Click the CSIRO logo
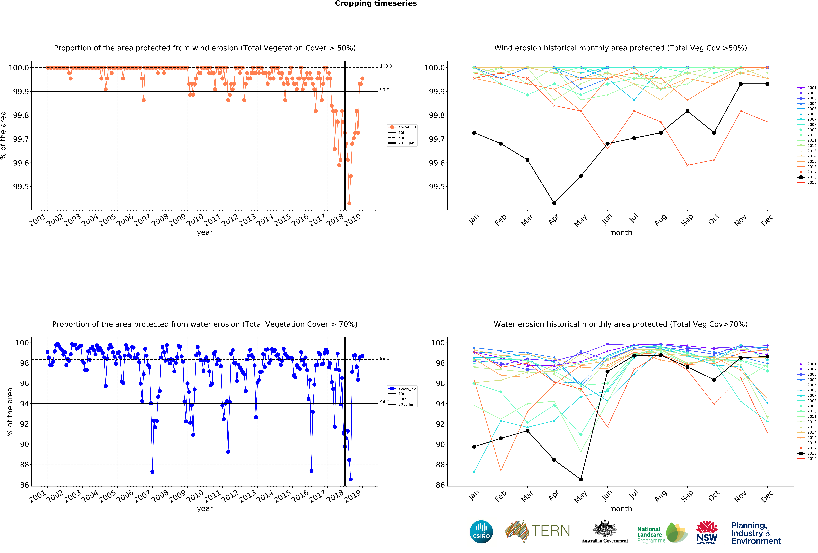[481, 532]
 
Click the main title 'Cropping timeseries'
[376, 4]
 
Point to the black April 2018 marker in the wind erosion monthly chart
[554, 203]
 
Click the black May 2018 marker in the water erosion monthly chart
[581, 479]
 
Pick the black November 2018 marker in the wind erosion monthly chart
[741, 84]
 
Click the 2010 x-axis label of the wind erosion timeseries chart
[195, 220]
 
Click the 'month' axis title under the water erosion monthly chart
[621, 509]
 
